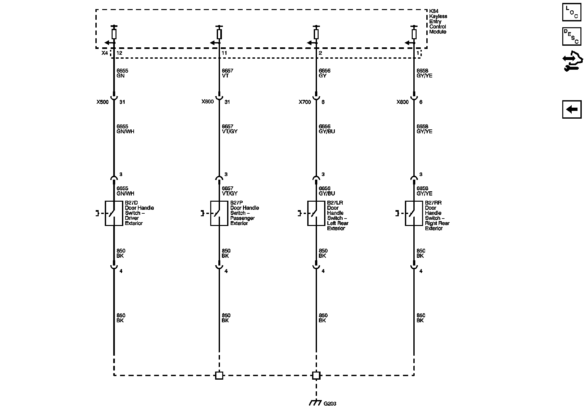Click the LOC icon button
click(x=572, y=13)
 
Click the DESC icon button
click(x=572, y=37)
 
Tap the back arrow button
click(x=572, y=110)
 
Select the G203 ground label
click(x=330, y=404)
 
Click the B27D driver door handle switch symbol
click(x=114, y=213)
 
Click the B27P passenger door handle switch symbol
click(x=219, y=213)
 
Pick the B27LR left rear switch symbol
click(x=316, y=213)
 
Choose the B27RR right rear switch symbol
click(x=414, y=213)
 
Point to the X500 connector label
click(x=103, y=102)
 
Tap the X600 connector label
click(x=208, y=102)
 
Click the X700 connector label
click(x=305, y=102)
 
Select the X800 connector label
click(x=402, y=102)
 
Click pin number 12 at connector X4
click(x=119, y=53)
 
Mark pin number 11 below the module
click(x=224, y=53)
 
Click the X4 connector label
click(x=104, y=53)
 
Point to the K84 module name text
click(x=438, y=21)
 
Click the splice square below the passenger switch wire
click(x=219, y=375)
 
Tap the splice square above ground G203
click(x=316, y=375)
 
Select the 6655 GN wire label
click(x=120, y=73)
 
